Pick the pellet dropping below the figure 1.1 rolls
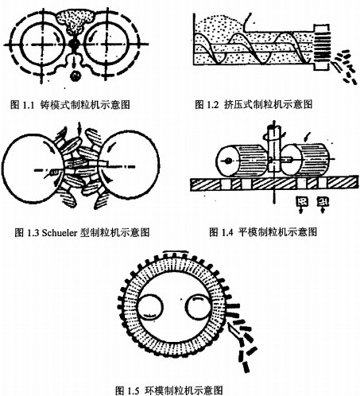pyautogui.click(x=75, y=76)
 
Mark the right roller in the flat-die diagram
pyautogui.click(x=306, y=160)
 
